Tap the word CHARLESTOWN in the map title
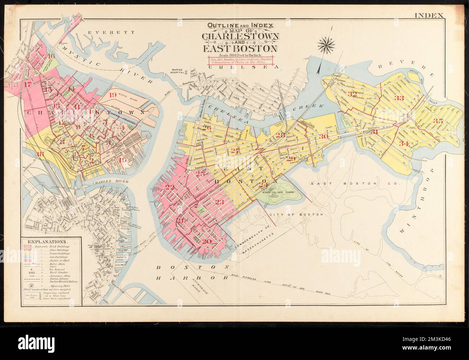tap(240, 37)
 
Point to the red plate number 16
tap(51, 56)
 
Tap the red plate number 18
tap(40, 154)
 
